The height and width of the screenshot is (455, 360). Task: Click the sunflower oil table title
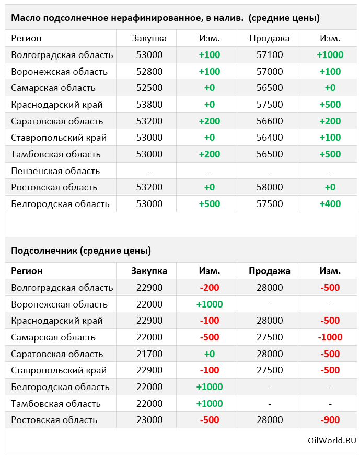tap(165, 18)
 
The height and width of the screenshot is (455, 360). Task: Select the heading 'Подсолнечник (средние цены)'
tap(81, 251)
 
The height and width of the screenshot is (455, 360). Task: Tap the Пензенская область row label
tap(55, 171)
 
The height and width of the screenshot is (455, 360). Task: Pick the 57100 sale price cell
tap(270, 55)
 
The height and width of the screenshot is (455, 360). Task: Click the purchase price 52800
tap(149, 72)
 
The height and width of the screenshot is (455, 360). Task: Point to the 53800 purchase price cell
tap(149, 105)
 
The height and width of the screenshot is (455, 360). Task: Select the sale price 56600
tap(270, 121)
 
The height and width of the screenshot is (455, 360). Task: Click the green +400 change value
tap(330, 204)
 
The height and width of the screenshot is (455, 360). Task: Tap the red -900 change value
tap(330, 420)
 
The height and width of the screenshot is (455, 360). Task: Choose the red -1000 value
tap(330, 337)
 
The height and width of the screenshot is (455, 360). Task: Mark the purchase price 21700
tap(149, 354)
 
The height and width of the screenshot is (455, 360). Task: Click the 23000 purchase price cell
tap(149, 420)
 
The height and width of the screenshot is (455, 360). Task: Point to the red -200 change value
tap(209, 288)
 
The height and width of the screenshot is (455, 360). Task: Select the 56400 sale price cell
tap(270, 138)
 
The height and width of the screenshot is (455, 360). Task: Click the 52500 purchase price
tap(149, 88)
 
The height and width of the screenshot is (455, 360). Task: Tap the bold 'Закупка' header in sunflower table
tap(149, 271)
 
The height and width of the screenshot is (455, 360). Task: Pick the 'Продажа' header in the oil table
tap(270, 38)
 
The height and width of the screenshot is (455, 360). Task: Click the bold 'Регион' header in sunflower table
tap(27, 271)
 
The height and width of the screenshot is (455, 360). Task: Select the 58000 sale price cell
tap(270, 187)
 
